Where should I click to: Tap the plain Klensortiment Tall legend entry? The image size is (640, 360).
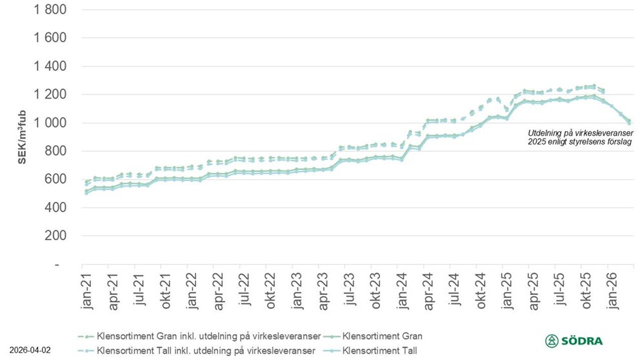pos(380,350)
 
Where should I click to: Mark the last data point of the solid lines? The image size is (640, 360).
pos(628,121)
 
